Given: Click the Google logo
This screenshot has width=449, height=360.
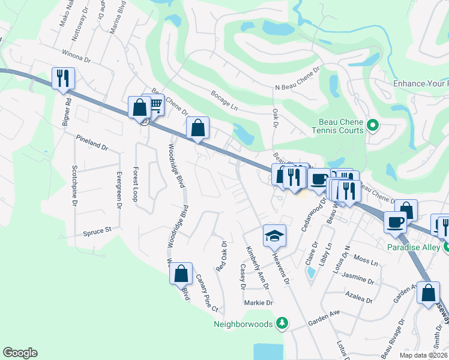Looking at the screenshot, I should point(20,353).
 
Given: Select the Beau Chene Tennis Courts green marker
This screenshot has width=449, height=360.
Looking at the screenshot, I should point(372,125).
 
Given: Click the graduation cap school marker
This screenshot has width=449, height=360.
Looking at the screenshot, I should point(274,235).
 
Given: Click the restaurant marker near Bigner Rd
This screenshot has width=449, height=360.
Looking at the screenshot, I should point(63,78).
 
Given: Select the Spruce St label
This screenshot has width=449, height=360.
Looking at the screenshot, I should point(98,230).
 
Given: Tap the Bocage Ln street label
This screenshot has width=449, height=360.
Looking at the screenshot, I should point(225,100).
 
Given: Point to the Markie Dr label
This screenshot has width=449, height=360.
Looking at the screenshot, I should point(259,302).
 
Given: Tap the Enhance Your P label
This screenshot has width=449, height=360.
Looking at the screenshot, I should point(420,83).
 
